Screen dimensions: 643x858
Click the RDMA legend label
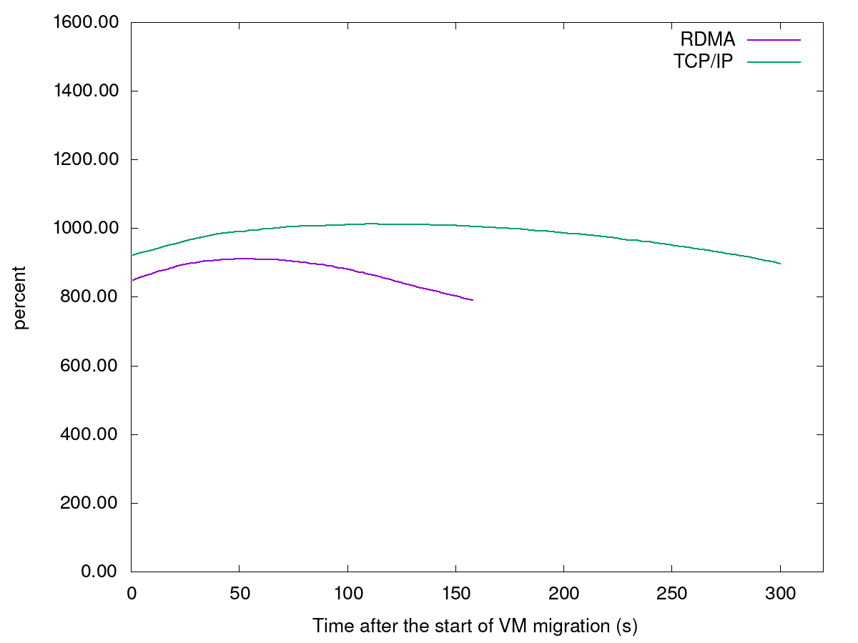pos(707,40)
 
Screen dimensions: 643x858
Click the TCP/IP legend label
pos(703,61)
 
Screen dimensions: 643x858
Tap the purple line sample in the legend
pos(774,40)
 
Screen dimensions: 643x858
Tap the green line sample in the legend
pos(774,62)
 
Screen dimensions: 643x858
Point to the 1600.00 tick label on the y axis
pos(84,23)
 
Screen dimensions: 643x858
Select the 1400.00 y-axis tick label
pos(84,91)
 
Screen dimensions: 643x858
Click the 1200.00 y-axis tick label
pos(84,160)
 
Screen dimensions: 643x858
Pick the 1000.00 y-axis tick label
pos(84,229)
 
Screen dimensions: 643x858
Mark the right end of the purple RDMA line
pos(473,300)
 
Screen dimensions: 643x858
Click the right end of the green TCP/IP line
pos(780,264)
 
